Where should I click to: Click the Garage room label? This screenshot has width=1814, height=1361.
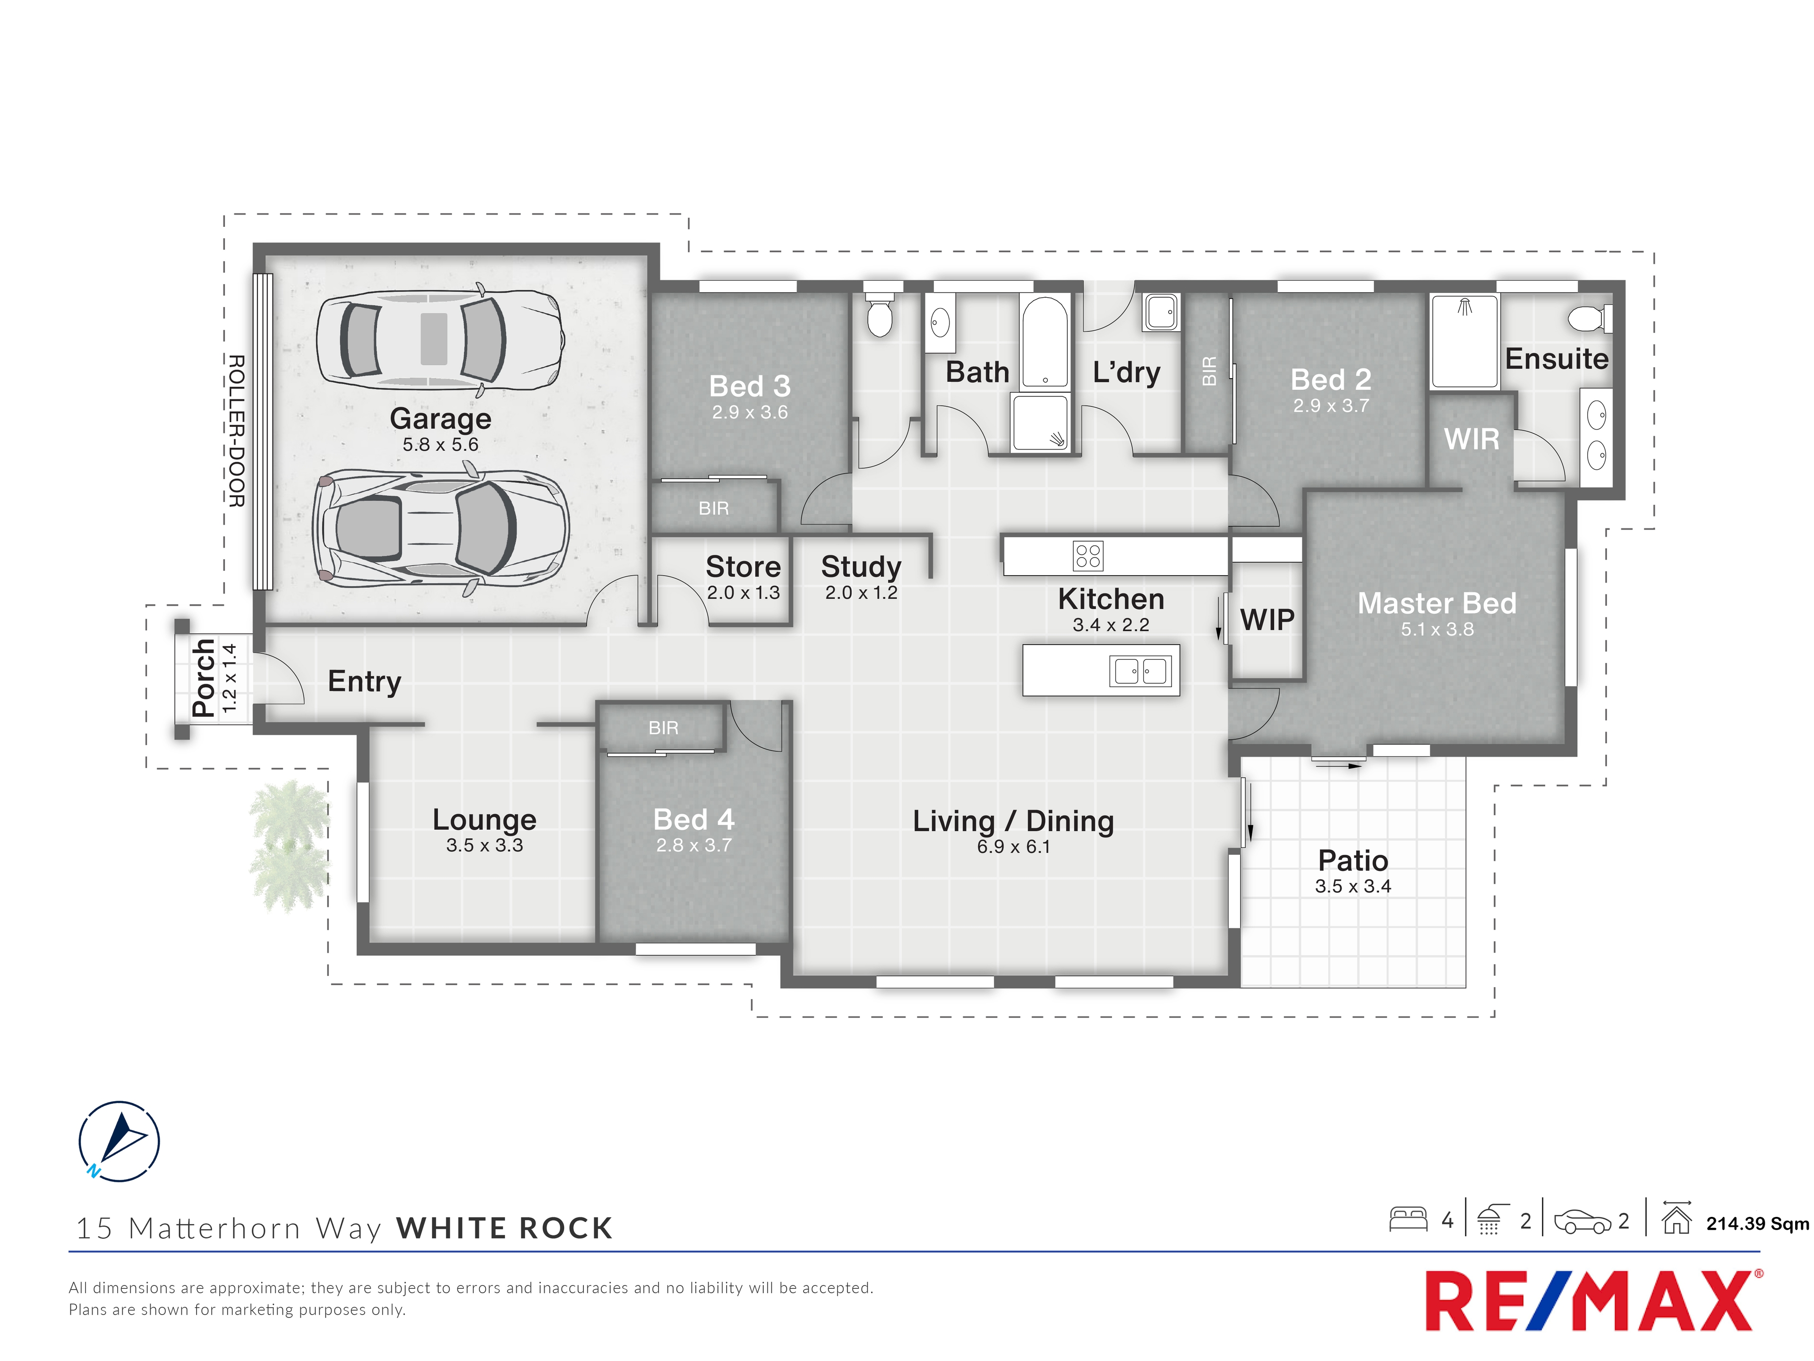tap(440, 418)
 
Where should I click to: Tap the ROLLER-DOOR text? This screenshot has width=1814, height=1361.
tap(236, 431)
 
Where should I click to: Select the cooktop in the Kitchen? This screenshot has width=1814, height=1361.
tap(1087, 555)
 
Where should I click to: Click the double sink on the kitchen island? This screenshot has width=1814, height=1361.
tap(1140, 671)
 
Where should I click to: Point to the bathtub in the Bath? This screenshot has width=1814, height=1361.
tap(1045, 341)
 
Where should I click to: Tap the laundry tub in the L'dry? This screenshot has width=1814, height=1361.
tap(1161, 312)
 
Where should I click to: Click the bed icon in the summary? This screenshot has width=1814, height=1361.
tap(1408, 1219)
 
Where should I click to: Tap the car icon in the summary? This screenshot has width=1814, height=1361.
tap(1583, 1222)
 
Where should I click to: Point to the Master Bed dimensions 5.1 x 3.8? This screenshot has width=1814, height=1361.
tap(1437, 629)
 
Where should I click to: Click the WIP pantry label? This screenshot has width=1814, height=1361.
tap(1267, 620)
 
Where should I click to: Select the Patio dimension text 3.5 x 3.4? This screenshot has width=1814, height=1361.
tap(1353, 886)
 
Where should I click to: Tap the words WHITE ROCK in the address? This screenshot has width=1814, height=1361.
tap(505, 1228)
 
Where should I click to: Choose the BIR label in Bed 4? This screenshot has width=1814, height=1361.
tap(663, 728)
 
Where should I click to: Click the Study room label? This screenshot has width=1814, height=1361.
tap(861, 566)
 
